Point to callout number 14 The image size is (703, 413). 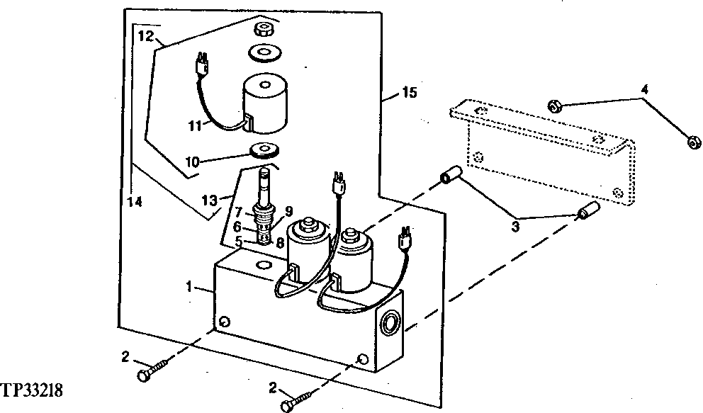tap(134, 201)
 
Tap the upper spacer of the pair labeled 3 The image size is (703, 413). tap(450, 175)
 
